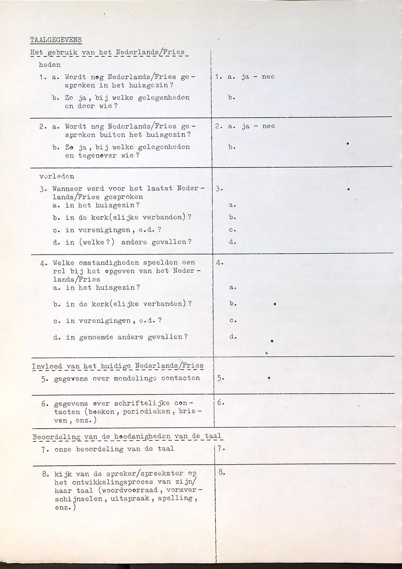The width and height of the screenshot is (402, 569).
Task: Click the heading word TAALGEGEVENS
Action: [x=56, y=40]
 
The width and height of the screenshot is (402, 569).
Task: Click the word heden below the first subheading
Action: [x=49, y=65]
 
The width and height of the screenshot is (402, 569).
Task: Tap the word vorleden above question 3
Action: [x=57, y=177]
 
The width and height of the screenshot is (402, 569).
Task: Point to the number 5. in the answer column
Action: [x=219, y=378]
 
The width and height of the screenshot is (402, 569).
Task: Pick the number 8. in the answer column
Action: [x=221, y=473]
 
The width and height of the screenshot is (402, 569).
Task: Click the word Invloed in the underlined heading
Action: [x=47, y=366]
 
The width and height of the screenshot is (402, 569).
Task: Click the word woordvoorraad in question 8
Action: [x=132, y=490]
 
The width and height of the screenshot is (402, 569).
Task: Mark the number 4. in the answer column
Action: [x=219, y=263]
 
